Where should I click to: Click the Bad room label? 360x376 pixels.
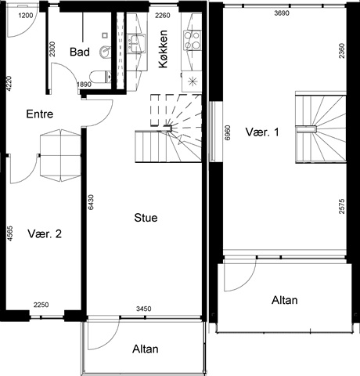point(80,52)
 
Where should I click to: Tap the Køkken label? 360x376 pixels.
point(163,49)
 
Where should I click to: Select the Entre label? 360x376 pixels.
point(40,114)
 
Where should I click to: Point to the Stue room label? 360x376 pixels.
point(146,218)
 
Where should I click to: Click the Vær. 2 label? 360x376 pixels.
point(45,233)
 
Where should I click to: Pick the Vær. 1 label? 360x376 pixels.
point(262,132)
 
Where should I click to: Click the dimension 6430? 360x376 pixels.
point(91,202)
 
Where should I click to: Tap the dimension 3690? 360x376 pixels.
point(282,13)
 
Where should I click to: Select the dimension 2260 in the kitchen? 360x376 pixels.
point(163,16)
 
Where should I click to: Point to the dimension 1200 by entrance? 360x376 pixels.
point(26,16)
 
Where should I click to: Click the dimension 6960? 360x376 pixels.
point(228,133)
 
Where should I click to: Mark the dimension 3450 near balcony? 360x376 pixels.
point(144,309)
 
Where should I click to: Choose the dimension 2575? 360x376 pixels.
point(342,207)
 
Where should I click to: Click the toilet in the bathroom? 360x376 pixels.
point(100,77)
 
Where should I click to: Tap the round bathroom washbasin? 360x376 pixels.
point(105,52)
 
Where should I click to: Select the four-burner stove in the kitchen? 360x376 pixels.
point(193,41)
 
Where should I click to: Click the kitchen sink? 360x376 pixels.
point(136,43)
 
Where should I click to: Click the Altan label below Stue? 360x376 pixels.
point(146,349)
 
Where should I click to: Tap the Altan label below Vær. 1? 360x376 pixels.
point(285,300)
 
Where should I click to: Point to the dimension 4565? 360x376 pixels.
point(9,233)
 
